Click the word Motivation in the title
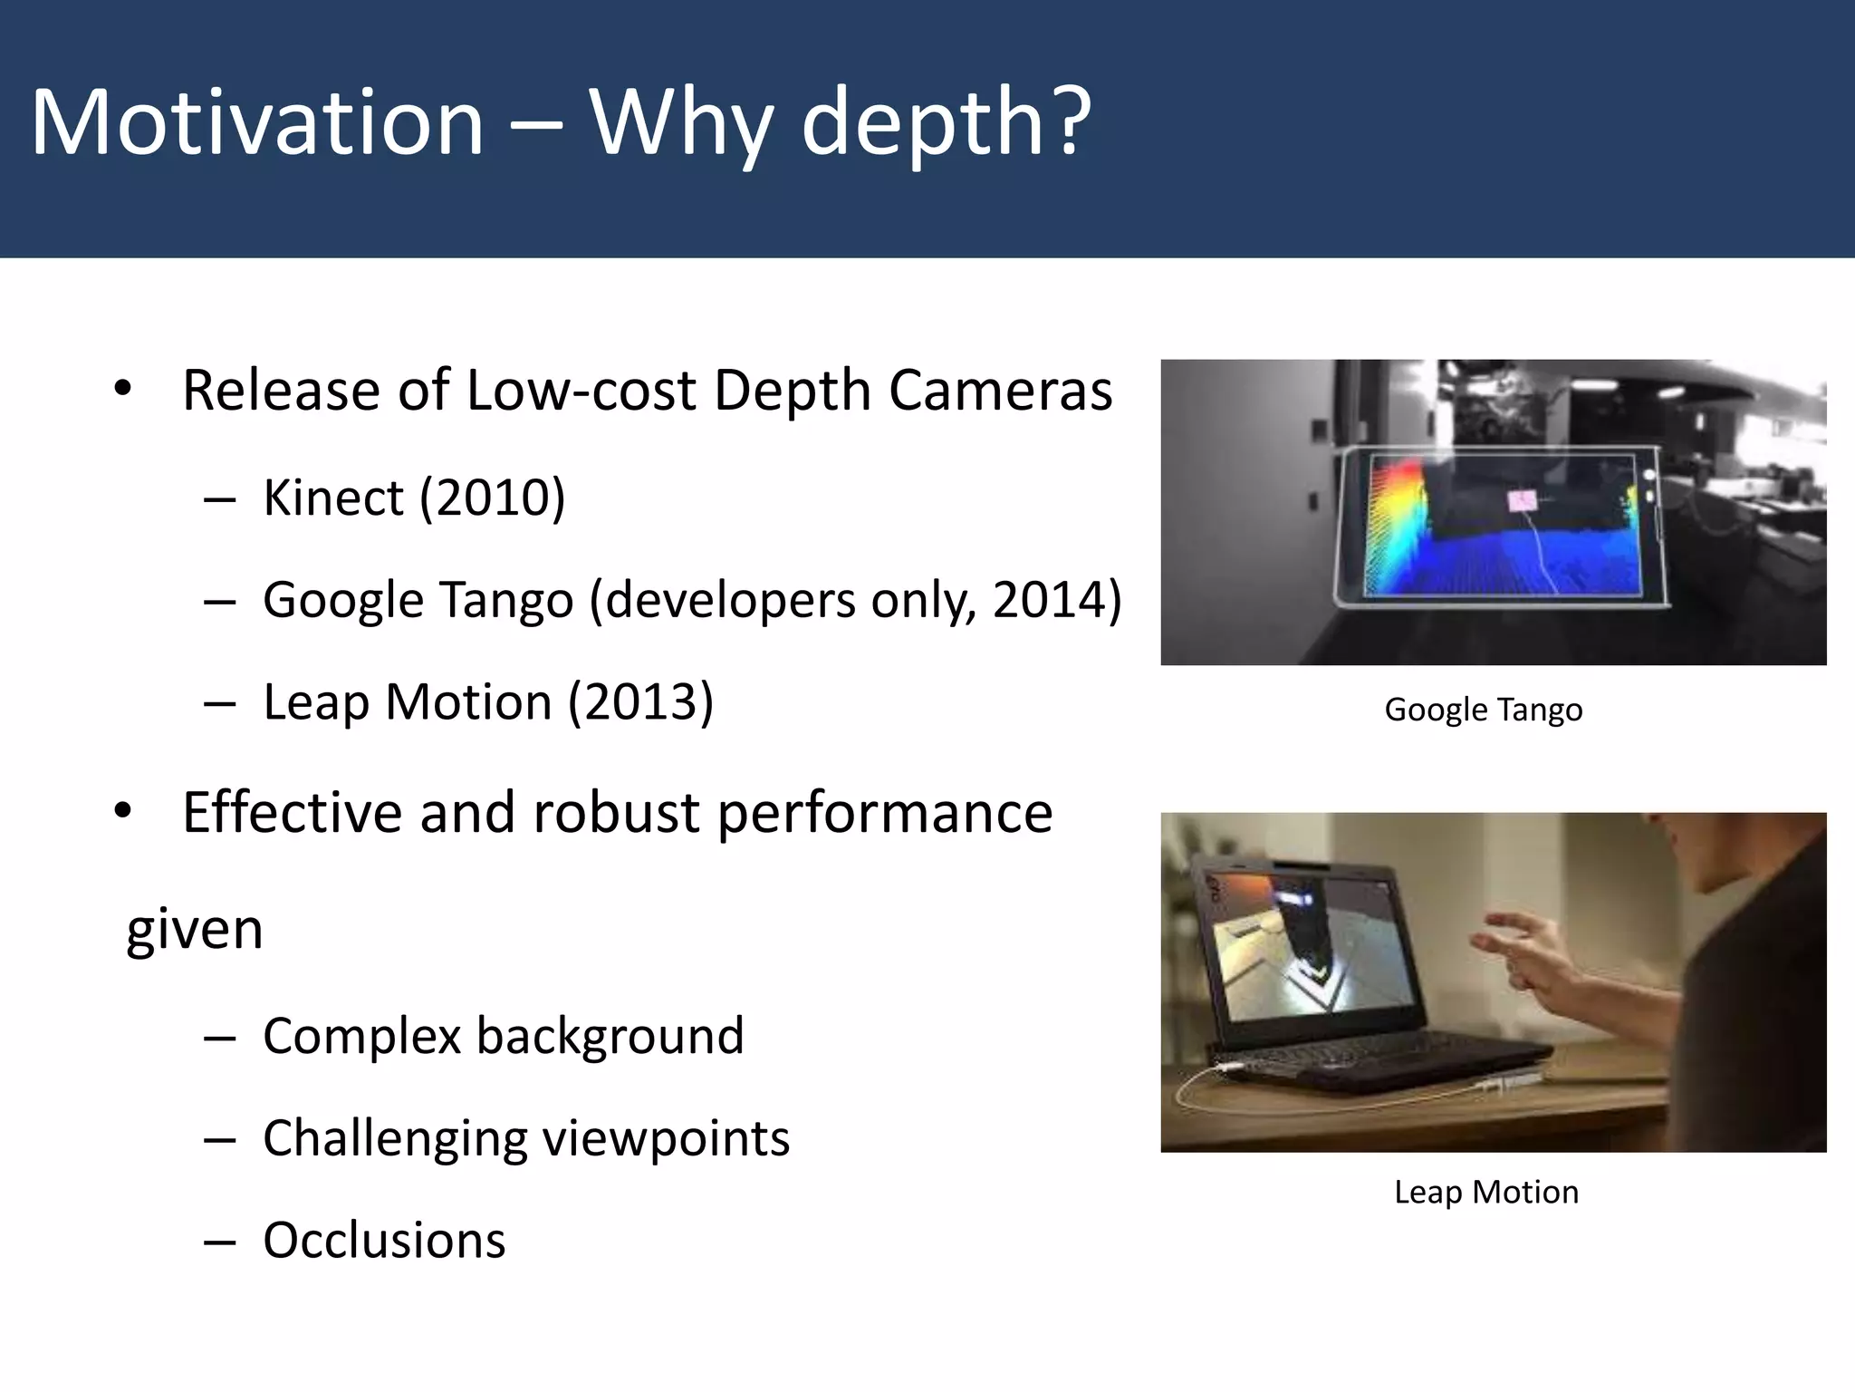[x=257, y=122]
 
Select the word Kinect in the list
[x=332, y=498]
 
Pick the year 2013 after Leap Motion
[x=640, y=703]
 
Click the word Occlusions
[x=384, y=1241]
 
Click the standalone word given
[x=195, y=931]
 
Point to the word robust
[x=616, y=813]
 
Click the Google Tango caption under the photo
[x=1483, y=710]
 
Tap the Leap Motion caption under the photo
[x=1485, y=1192]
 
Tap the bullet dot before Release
[x=123, y=390]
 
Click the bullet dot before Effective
[x=123, y=812]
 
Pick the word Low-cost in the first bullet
[x=580, y=391]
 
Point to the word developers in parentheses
[x=730, y=601]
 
